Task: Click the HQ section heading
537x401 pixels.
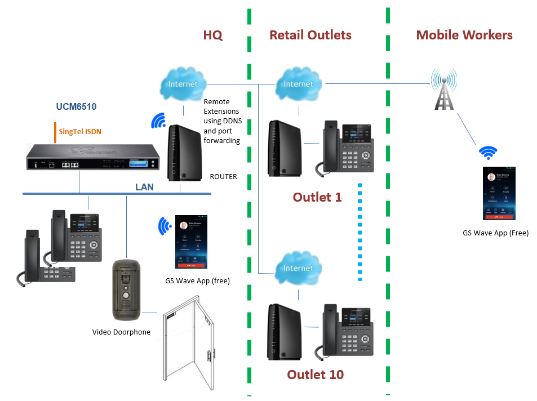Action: [x=213, y=35]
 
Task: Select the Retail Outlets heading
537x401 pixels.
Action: [x=310, y=35]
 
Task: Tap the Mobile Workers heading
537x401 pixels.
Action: [x=464, y=35]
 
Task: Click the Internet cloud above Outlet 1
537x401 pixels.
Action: [x=298, y=84]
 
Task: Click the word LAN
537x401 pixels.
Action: [x=144, y=187]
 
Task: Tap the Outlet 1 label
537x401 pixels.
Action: [x=317, y=197]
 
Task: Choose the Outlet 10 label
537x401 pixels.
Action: [x=315, y=375]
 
